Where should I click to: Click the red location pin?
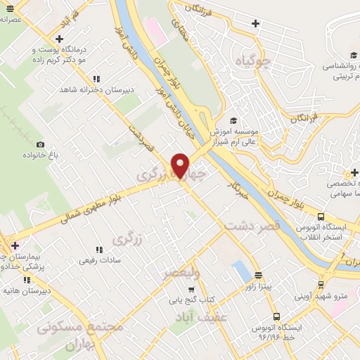[x=181, y=165]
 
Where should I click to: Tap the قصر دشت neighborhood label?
[x=253, y=226]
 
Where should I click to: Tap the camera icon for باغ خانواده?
[x=40, y=144]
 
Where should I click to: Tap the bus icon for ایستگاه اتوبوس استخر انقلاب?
[x=321, y=217]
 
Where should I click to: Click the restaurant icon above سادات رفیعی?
[x=99, y=249]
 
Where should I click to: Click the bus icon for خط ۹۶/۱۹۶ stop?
[x=276, y=317]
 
